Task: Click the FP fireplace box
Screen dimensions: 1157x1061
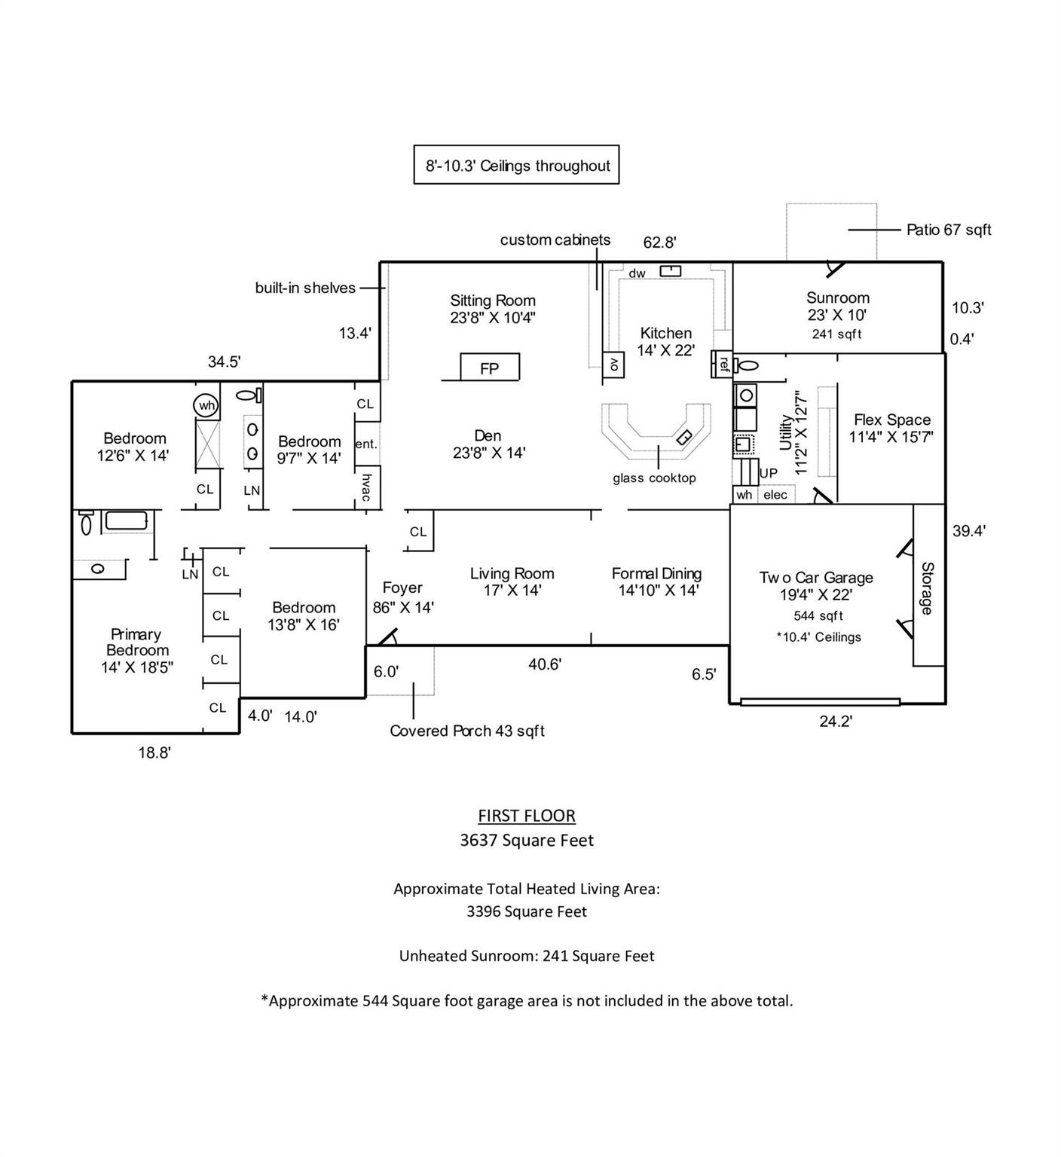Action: click(490, 368)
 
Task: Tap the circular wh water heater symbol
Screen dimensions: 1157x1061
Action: click(206, 405)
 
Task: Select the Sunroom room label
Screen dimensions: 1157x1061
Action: click(837, 298)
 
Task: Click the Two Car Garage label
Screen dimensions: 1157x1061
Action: click(816, 578)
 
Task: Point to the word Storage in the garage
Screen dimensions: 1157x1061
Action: click(928, 588)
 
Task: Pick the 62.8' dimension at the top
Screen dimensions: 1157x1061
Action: click(659, 243)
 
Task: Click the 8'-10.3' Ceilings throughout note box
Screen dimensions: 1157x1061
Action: click(517, 166)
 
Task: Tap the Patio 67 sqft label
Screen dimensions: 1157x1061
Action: click(949, 230)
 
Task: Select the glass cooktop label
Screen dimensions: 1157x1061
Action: click(654, 478)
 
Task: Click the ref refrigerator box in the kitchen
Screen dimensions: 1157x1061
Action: click(723, 365)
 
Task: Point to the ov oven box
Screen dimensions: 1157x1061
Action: click(613, 365)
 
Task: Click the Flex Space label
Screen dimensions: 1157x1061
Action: click(891, 420)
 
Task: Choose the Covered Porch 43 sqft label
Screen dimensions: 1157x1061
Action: click(467, 731)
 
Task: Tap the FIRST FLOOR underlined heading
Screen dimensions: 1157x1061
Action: click(527, 816)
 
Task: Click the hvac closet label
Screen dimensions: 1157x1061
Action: click(366, 487)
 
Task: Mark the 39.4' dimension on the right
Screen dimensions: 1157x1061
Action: click(969, 531)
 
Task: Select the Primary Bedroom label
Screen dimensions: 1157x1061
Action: click(136, 643)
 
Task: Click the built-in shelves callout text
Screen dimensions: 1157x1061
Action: click(305, 288)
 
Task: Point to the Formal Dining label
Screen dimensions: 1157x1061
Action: click(656, 574)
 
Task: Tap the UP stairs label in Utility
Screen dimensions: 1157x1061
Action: click(769, 474)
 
